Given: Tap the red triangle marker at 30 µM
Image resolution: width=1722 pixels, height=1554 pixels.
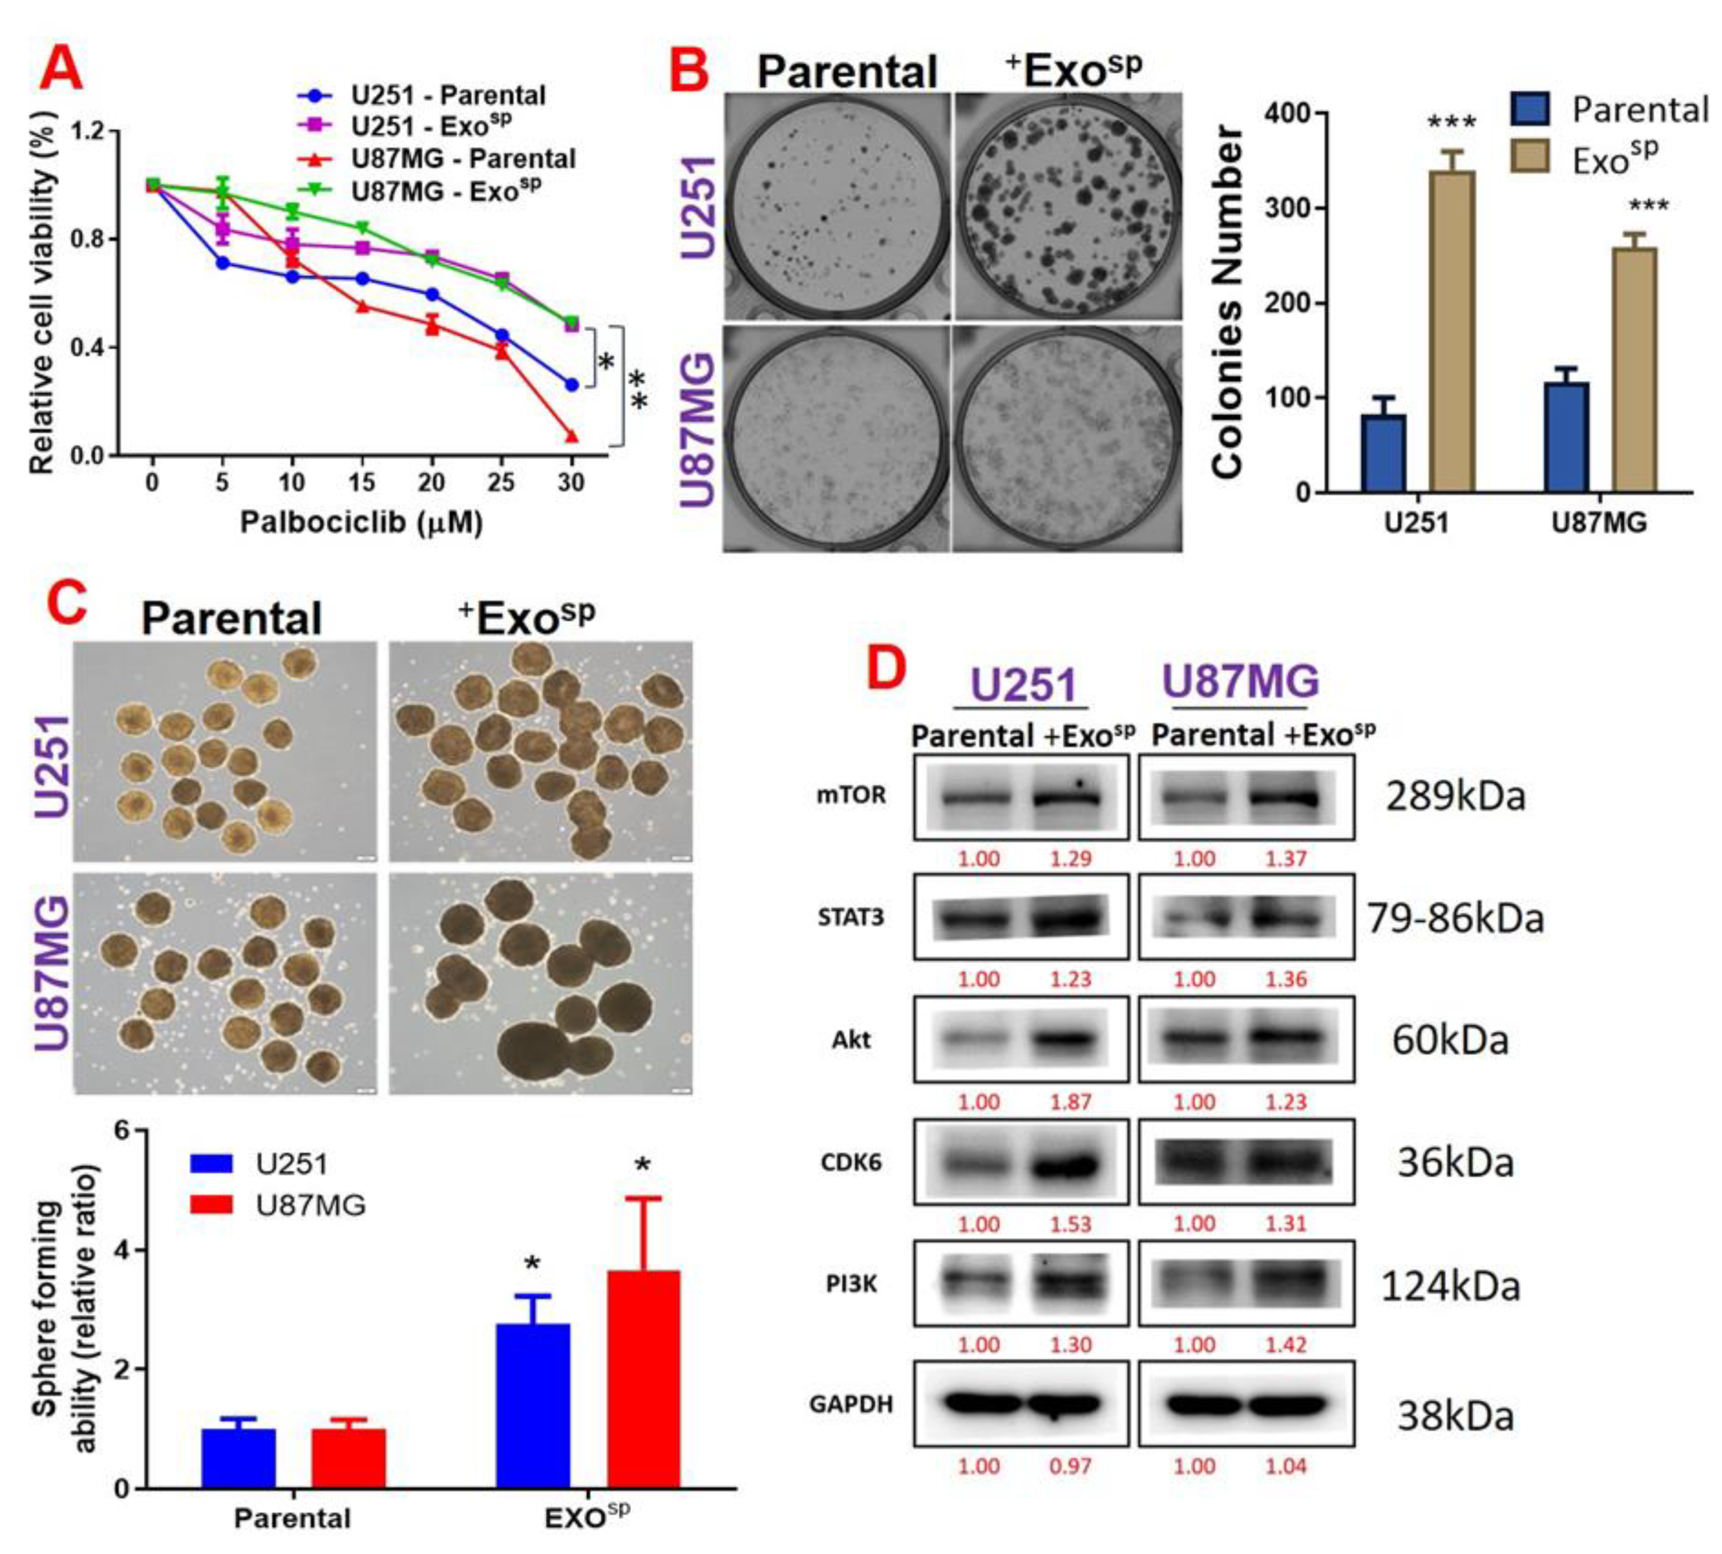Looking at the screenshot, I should (x=571, y=436).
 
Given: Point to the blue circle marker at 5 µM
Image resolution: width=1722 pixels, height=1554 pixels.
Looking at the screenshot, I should (x=222, y=263).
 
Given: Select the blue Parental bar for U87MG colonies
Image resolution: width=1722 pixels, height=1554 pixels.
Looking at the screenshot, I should (x=1566, y=437).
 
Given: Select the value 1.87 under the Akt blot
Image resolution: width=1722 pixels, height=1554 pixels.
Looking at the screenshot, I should (x=1071, y=1102).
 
